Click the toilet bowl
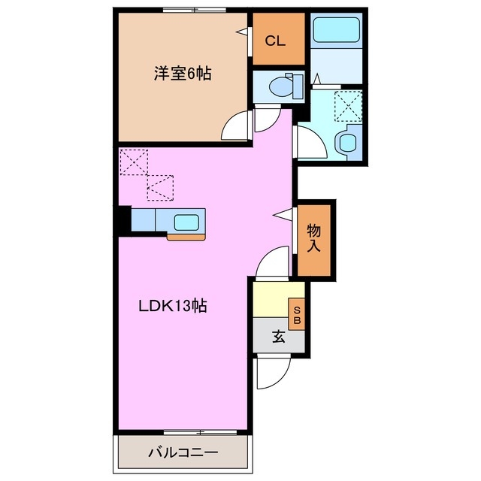coord(283,87)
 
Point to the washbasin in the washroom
coord(349,141)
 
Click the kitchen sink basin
coord(186,222)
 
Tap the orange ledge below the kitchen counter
coord(186,237)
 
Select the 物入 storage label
coord(314,237)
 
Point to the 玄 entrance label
coord(278,337)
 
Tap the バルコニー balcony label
coord(182,453)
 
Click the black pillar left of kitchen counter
coord(123,220)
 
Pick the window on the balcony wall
coord(183,432)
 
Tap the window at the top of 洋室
coord(183,11)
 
